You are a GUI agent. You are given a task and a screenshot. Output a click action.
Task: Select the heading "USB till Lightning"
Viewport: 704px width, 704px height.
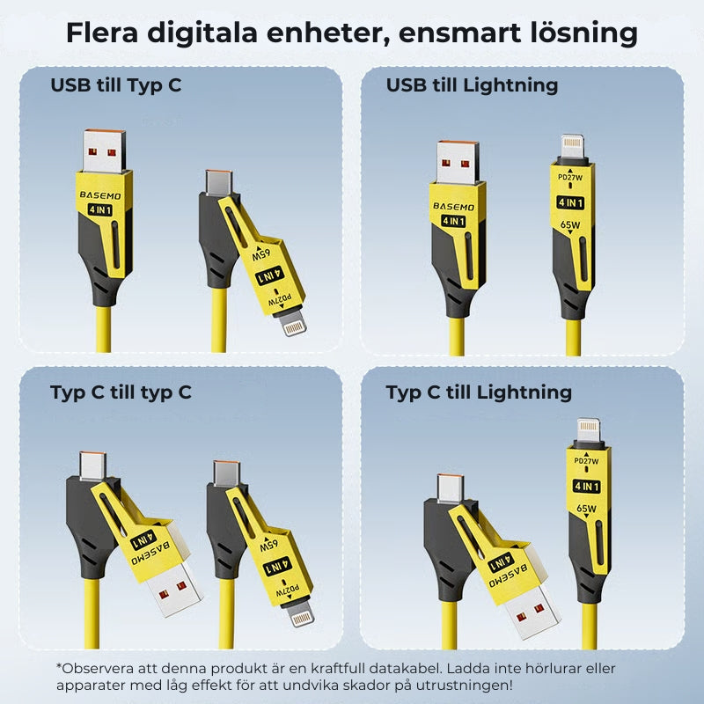[472, 85]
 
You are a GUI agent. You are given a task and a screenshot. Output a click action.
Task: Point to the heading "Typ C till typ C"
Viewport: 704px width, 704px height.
[121, 392]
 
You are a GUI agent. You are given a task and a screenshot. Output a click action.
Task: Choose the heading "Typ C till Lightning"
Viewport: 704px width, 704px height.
[479, 392]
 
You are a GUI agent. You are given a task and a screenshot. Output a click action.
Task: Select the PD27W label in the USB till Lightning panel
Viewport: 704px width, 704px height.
[572, 177]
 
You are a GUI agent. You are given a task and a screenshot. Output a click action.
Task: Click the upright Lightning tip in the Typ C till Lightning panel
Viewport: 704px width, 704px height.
[588, 434]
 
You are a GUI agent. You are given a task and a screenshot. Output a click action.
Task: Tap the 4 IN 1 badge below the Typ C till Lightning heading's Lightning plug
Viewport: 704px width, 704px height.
[587, 485]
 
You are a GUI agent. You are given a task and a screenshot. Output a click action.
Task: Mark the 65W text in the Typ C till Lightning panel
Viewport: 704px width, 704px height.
[587, 508]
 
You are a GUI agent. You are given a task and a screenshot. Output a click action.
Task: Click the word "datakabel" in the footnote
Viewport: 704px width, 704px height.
[458, 668]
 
